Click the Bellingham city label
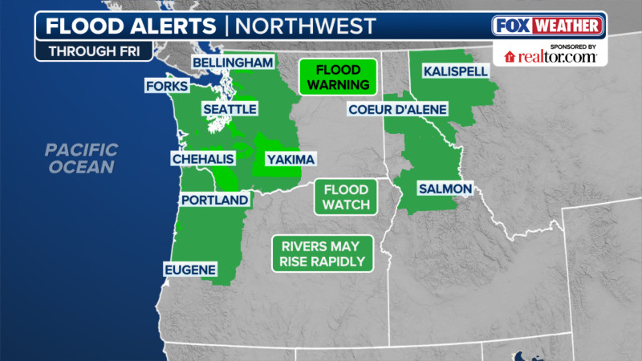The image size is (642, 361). (x=232, y=63)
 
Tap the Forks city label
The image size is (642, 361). (x=167, y=86)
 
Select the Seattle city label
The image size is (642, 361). (x=229, y=108)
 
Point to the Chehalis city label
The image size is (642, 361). (x=204, y=159)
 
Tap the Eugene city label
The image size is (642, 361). (x=190, y=269)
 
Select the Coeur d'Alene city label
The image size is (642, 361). (x=397, y=109)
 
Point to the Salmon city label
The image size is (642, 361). (x=444, y=189)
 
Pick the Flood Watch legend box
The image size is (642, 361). (x=346, y=197)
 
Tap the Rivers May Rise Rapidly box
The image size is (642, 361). (x=321, y=254)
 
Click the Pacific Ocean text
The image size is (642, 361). (x=81, y=158)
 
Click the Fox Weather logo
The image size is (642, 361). (x=548, y=25)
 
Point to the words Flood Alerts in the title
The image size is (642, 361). (x=130, y=25)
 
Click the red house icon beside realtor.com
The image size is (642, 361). (x=510, y=56)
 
